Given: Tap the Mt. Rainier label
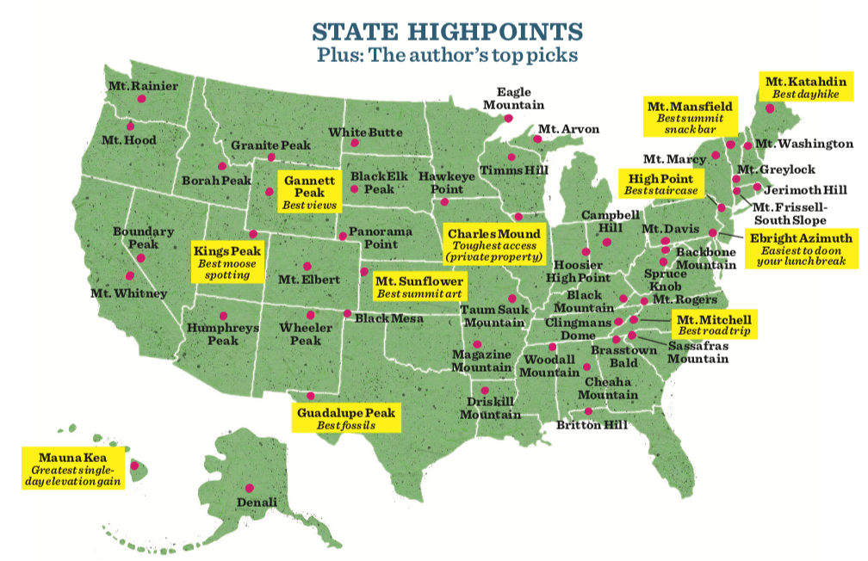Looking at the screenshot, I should point(143,86).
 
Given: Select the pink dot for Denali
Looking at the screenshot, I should point(249,486).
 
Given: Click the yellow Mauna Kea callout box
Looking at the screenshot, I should point(72,468).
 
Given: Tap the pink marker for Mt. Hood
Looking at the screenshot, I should point(131,126).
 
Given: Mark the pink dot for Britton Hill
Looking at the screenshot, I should point(588,411).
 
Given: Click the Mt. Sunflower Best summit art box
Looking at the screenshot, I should point(419,287).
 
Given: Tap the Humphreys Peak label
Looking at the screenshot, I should point(211,334).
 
